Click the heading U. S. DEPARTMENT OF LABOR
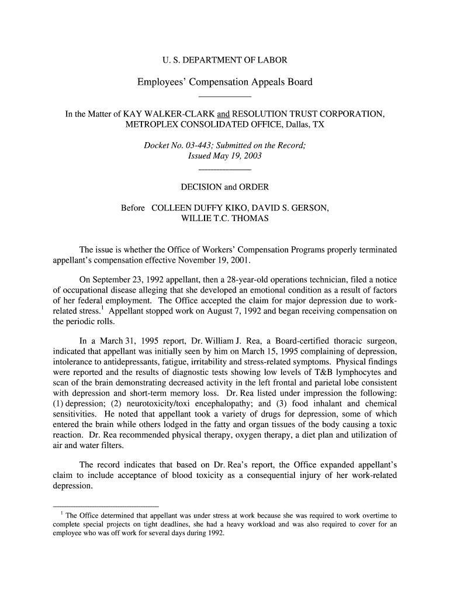click(224, 60)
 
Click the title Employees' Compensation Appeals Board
click(224, 82)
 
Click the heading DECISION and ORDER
click(224, 187)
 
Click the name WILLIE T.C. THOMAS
click(225, 219)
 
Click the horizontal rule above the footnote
click(106, 505)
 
